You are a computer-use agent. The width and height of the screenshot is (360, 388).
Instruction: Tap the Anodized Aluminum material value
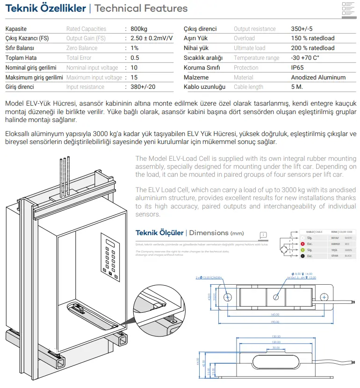(318, 77)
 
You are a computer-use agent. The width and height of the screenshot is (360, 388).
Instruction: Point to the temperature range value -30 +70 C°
(305, 58)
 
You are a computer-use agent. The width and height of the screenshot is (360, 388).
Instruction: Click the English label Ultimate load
(249, 48)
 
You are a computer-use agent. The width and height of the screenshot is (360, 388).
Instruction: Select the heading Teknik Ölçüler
(159, 233)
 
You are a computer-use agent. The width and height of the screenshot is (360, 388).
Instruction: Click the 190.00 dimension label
(274, 322)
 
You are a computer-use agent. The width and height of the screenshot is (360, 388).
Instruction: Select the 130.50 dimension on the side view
(275, 337)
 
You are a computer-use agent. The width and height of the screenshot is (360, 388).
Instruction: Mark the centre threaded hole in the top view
(276, 296)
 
